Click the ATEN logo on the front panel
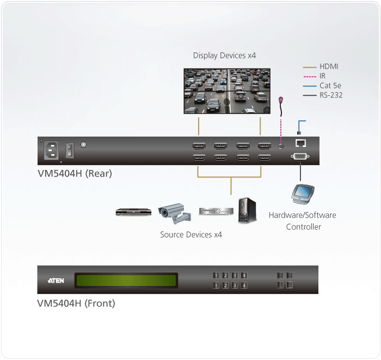coord(56,280)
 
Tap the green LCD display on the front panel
coord(126,280)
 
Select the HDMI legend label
coord(329,66)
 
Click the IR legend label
coord(322,76)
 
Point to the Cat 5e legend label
coord(330,86)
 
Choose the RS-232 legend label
coord(331,95)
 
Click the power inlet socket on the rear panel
coord(51,150)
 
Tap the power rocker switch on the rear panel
coord(70,150)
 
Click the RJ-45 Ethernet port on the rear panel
coord(300,143)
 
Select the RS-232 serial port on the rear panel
coord(300,156)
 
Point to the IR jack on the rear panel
coord(281,147)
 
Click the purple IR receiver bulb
coord(281,100)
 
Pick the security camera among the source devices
coord(175,213)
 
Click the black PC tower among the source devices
coord(247,210)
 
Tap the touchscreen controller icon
coord(303,194)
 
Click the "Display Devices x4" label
coord(224,56)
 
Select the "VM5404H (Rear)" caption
coord(75,174)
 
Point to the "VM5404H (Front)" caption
coord(76,303)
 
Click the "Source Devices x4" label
coord(191,235)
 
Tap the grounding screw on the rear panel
coord(83,145)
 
